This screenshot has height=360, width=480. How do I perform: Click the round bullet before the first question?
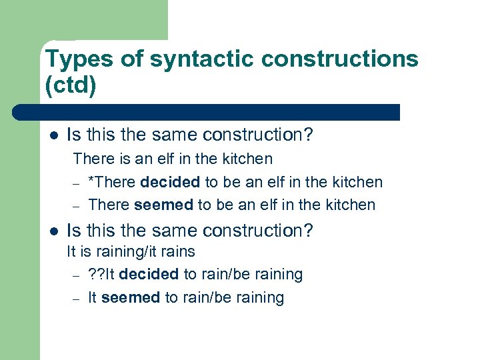(x=54, y=136)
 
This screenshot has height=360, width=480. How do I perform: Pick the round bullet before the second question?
(x=54, y=232)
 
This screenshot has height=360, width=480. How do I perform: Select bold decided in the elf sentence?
(x=170, y=182)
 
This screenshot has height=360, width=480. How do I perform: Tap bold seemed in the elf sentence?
(x=164, y=205)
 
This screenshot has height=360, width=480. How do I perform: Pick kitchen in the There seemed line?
(x=349, y=205)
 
